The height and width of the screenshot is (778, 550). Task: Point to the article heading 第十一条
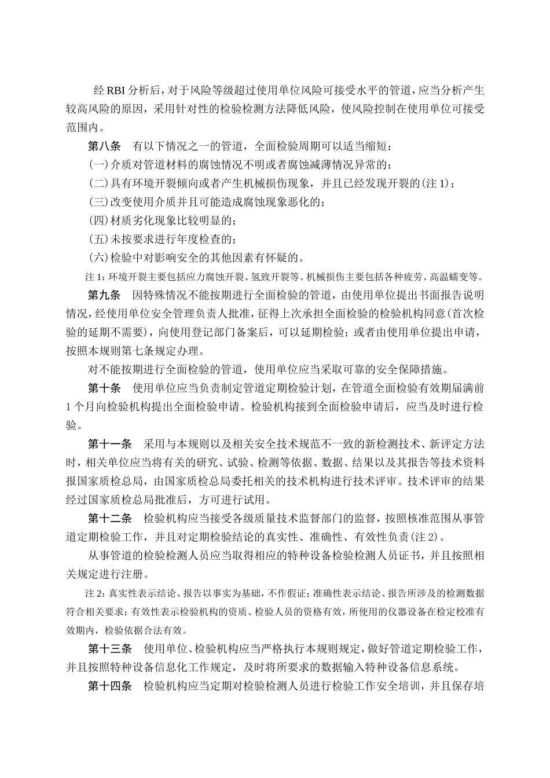pyautogui.click(x=110, y=444)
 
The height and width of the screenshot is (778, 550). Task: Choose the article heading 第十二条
pyautogui.click(x=110, y=518)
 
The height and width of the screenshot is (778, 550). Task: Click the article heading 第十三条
pyautogui.click(x=110, y=648)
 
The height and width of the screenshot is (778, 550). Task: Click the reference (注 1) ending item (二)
pyautogui.click(x=437, y=184)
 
